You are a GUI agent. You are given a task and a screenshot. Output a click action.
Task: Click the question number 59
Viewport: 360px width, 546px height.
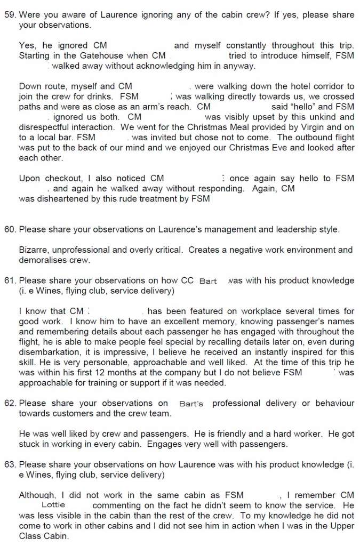click(9, 15)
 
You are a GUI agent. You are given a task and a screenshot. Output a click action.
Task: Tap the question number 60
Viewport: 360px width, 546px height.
click(9, 230)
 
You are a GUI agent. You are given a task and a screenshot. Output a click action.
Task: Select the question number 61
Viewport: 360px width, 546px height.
click(9, 280)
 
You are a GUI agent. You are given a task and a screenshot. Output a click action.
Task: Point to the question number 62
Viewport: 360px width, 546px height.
click(9, 403)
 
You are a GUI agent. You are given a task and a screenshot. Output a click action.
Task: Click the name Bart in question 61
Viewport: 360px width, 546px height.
click(207, 281)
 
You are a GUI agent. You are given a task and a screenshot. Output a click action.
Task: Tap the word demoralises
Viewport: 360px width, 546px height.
click(43, 260)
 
